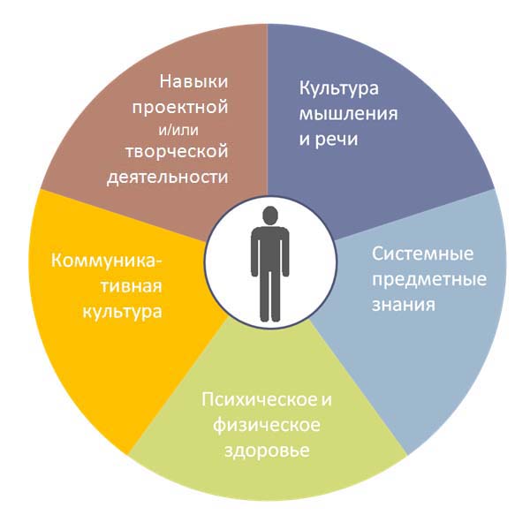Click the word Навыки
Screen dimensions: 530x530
(193, 81)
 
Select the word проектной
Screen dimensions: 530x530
(180, 108)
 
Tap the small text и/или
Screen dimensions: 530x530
(178, 131)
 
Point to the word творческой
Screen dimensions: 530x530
(177, 151)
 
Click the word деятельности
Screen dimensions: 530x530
(168, 178)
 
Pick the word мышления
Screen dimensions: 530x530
(349, 114)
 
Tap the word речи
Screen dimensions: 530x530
(337, 140)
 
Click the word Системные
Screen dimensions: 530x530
(422, 254)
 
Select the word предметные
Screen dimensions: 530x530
(429, 280)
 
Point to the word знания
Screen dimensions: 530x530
(404, 305)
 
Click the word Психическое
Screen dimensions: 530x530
(258, 400)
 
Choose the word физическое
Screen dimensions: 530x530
(267, 425)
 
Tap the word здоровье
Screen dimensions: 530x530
(267, 450)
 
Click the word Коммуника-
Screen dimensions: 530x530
(107, 261)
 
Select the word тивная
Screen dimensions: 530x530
(131, 286)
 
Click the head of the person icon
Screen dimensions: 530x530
(270, 216)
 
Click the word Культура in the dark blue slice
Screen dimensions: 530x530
(338, 88)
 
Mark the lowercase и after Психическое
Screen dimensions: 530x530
(325, 401)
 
